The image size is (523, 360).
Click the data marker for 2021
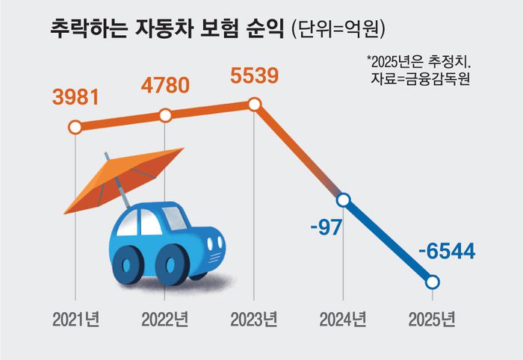(x=75, y=127)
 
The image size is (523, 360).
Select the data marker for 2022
(x=166, y=116)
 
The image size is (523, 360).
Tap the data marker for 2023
(x=254, y=105)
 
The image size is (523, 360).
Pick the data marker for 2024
(x=344, y=200)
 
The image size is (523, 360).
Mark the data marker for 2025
(x=433, y=282)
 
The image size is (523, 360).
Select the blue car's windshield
(x=173, y=217)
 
